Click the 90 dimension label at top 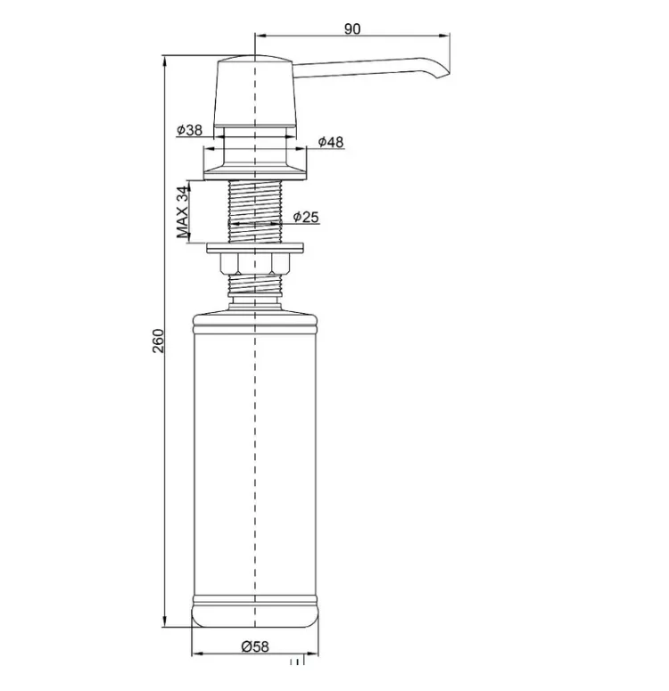coord(352,29)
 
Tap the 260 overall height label coord(157,341)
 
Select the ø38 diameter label coord(189,130)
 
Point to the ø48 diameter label coord(330,142)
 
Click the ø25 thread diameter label coord(306,217)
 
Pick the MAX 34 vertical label coord(182,212)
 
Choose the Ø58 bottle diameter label coord(255,646)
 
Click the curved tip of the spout coord(442,73)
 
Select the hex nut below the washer coord(254,263)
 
